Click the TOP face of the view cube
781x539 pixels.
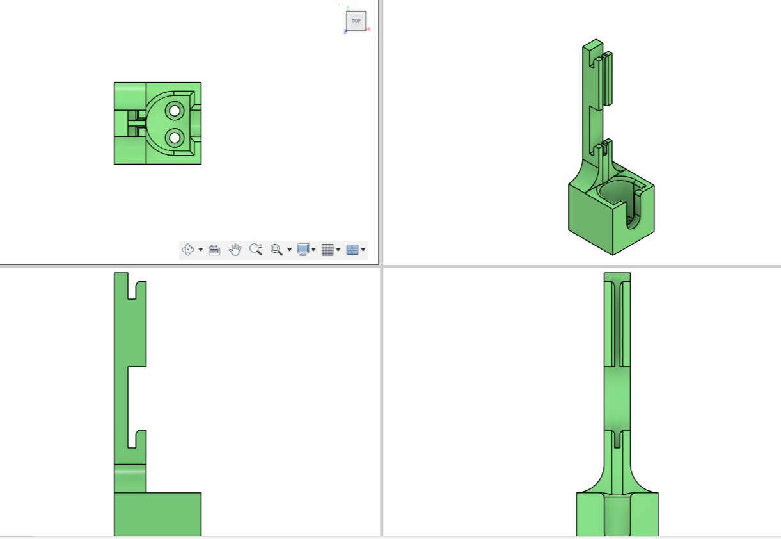(356, 20)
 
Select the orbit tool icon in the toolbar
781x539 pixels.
(188, 250)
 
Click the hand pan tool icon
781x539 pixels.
(235, 250)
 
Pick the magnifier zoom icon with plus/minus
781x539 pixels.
(256, 249)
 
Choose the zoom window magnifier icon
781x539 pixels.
(276, 250)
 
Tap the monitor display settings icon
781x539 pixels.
(303, 250)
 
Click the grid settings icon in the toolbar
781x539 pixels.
(327, 250)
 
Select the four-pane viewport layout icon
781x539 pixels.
(352, 250)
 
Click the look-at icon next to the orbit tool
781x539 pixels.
(214, 250)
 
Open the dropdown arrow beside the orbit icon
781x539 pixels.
(200, 250)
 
